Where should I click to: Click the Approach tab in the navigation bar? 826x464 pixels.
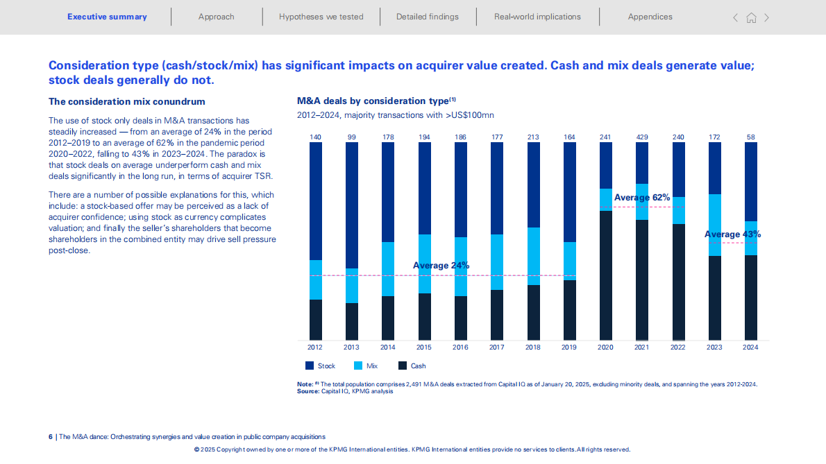pyautogui.click(x=216, y=17)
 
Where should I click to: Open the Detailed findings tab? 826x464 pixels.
pyautogui.click(x=427, y=17)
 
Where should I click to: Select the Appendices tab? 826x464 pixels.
pyautogui.click(x=650, y=17)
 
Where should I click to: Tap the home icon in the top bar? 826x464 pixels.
pyautogui.click(x=751, y=18)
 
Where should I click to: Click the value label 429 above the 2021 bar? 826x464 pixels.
pyautogui.click(x=642, y=137)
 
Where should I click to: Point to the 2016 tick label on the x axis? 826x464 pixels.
pyautogui.click(x=460, y=347)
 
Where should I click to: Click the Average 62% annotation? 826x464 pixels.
pyautogui.click(x=642, y=198)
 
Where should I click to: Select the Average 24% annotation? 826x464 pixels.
pyautogui.click(x=441, y=266)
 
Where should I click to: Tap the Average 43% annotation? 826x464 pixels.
pyautogui.click(x=732, y=234)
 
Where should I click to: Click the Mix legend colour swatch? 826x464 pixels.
pyautogui.click(x=359, y=366)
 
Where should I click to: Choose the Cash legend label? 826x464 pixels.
pyautogui.click(x=418, y=366)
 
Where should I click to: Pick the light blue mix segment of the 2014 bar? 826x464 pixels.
pyautogui.click(x=388, y=269)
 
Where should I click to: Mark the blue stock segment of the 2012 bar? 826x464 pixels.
pyautogui.click(x=316, y=201)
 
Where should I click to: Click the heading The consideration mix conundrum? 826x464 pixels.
pyautogui.click(x=126, y=101)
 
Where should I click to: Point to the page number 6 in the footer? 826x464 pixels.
pyautogui.click(x=50, y=437)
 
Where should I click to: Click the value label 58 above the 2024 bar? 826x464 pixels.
pyautogui.click(x=750, y=137)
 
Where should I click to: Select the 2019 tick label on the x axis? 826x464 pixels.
pyautogui.click(x=569, y=347)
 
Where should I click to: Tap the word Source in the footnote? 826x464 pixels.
pyautogui.click(x=307, y=391)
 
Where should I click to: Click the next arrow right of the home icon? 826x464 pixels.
pyautogui.click(x=766, y=18)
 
